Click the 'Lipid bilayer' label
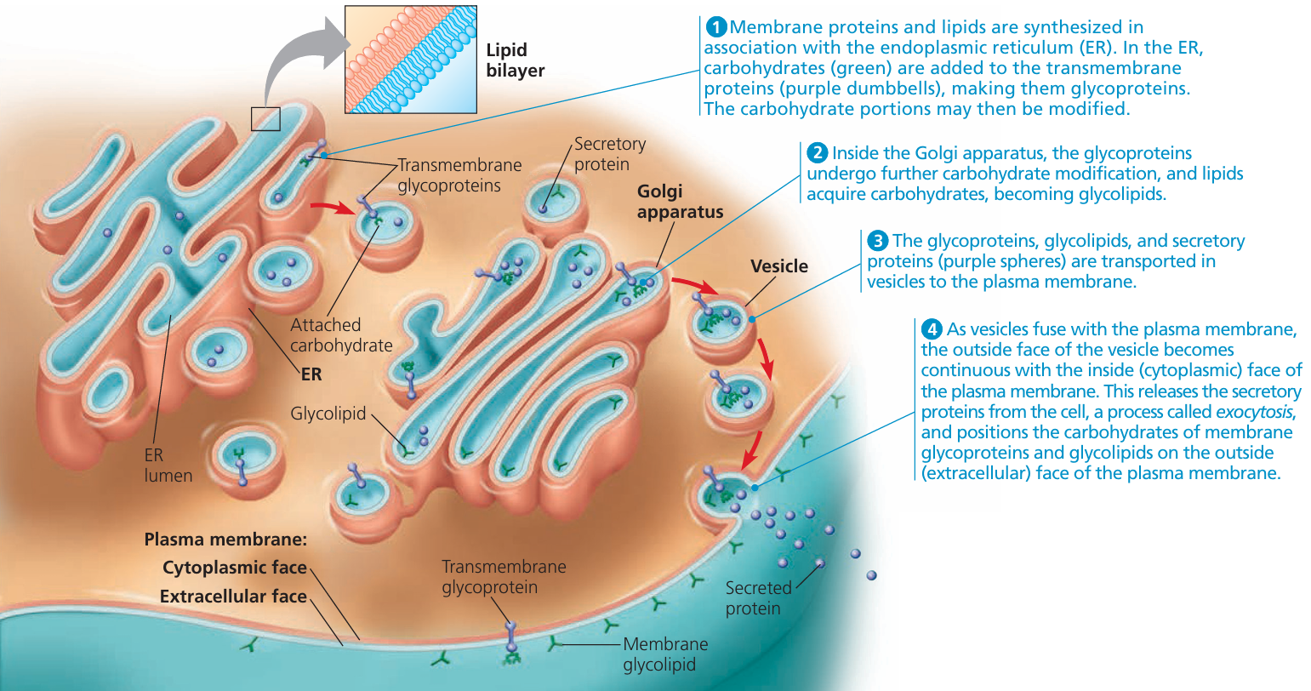[x=515, y=60]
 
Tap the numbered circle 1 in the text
[x=715, y=27]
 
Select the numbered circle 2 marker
[x=818, y=153]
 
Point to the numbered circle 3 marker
[x=878, y=241]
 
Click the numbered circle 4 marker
[x=932, y=329]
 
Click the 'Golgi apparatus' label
[x=680, y=202]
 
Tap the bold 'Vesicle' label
[x=778, y=266]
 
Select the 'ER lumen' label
[x=168, y=465]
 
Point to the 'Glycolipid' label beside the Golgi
[x=328, y=414]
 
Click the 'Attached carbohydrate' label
[x=341, y=335]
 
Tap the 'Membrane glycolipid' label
[x=664, y=654]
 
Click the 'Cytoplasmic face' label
[x=234, y=568]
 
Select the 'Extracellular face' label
[x=232, y=597]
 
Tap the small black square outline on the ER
[x=265, y=119]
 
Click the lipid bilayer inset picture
[x=410, y=60]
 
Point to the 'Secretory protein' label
[x=609, y=154]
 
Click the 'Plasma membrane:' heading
[x=225, y=539]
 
